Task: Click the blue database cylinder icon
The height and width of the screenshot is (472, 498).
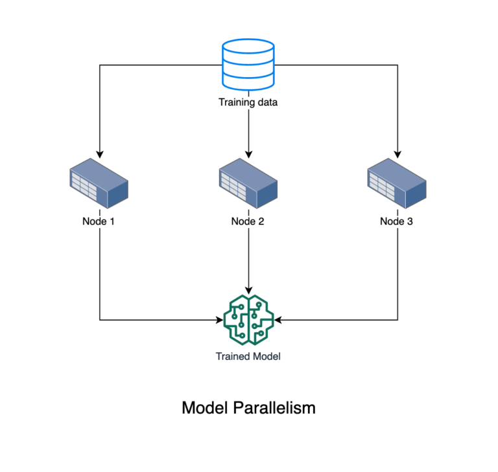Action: tap(248, 65)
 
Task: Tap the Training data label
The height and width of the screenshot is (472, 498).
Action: tap(248, 102)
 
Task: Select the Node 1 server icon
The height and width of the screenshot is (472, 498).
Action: tap(99, 185)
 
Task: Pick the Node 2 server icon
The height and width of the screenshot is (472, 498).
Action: tap(248, 185)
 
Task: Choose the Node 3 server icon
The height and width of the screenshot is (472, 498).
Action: tap(397, 185)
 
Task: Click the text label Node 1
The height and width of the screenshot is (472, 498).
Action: tap(99, 221)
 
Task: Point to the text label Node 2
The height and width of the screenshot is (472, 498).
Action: tap(248, 221)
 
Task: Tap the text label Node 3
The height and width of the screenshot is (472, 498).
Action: tap(397, 221)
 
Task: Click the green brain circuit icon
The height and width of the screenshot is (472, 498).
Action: tap(248, 320)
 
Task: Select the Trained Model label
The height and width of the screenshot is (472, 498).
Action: tap(248, 356)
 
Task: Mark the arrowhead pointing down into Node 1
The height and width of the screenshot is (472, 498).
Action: tap(99, 153)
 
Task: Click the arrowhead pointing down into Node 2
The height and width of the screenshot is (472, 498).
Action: tap(248, 153)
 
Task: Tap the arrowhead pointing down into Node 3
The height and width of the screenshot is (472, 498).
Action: tap(397, 153)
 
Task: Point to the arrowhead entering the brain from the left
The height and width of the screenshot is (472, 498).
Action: tap(219, 320)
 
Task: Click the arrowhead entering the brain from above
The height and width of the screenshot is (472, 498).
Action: tap(248, 289)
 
